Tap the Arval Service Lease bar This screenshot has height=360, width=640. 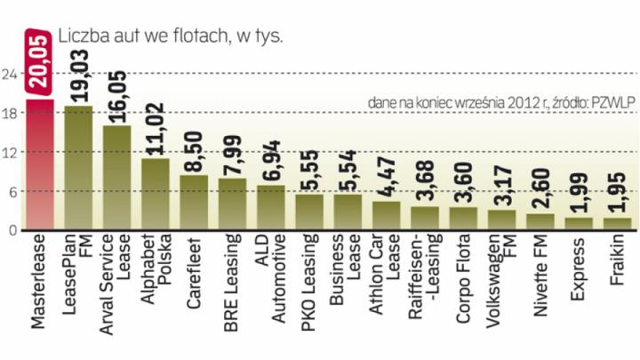116,177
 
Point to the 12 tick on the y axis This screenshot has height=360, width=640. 12,152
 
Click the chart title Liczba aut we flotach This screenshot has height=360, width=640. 170,36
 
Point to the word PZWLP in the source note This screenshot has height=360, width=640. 613,103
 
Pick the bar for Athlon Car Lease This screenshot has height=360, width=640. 386,215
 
